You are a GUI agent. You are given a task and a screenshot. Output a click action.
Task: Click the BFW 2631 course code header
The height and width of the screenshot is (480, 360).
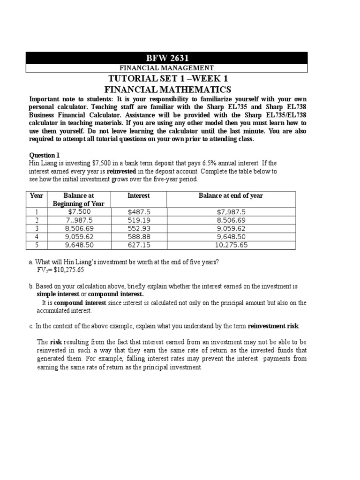point(167,58)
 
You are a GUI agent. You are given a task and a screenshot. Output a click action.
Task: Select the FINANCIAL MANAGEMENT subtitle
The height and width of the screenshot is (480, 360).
point(167,68)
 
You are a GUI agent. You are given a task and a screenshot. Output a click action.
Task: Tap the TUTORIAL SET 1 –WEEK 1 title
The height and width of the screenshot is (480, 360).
point(167,78)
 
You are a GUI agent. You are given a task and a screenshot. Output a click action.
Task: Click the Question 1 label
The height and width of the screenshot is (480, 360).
point(45,155)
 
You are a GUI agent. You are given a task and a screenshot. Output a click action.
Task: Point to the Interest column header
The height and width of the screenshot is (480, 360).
point(139,195)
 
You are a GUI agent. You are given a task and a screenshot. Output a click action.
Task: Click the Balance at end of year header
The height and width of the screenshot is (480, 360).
point(231,195)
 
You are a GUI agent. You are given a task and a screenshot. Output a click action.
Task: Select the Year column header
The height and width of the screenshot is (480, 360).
point(37,195)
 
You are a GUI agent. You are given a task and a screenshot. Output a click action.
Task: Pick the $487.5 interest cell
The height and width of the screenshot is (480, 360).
point(138,212)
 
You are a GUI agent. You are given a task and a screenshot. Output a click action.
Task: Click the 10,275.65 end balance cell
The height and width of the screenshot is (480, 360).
point(231,245)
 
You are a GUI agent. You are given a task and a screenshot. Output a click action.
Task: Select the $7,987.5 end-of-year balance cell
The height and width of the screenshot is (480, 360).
point(231,212)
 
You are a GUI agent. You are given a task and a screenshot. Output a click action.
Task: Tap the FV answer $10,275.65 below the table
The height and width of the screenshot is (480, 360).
point(61,270)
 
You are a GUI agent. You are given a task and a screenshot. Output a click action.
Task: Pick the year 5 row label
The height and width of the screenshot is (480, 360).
point(37,245)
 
